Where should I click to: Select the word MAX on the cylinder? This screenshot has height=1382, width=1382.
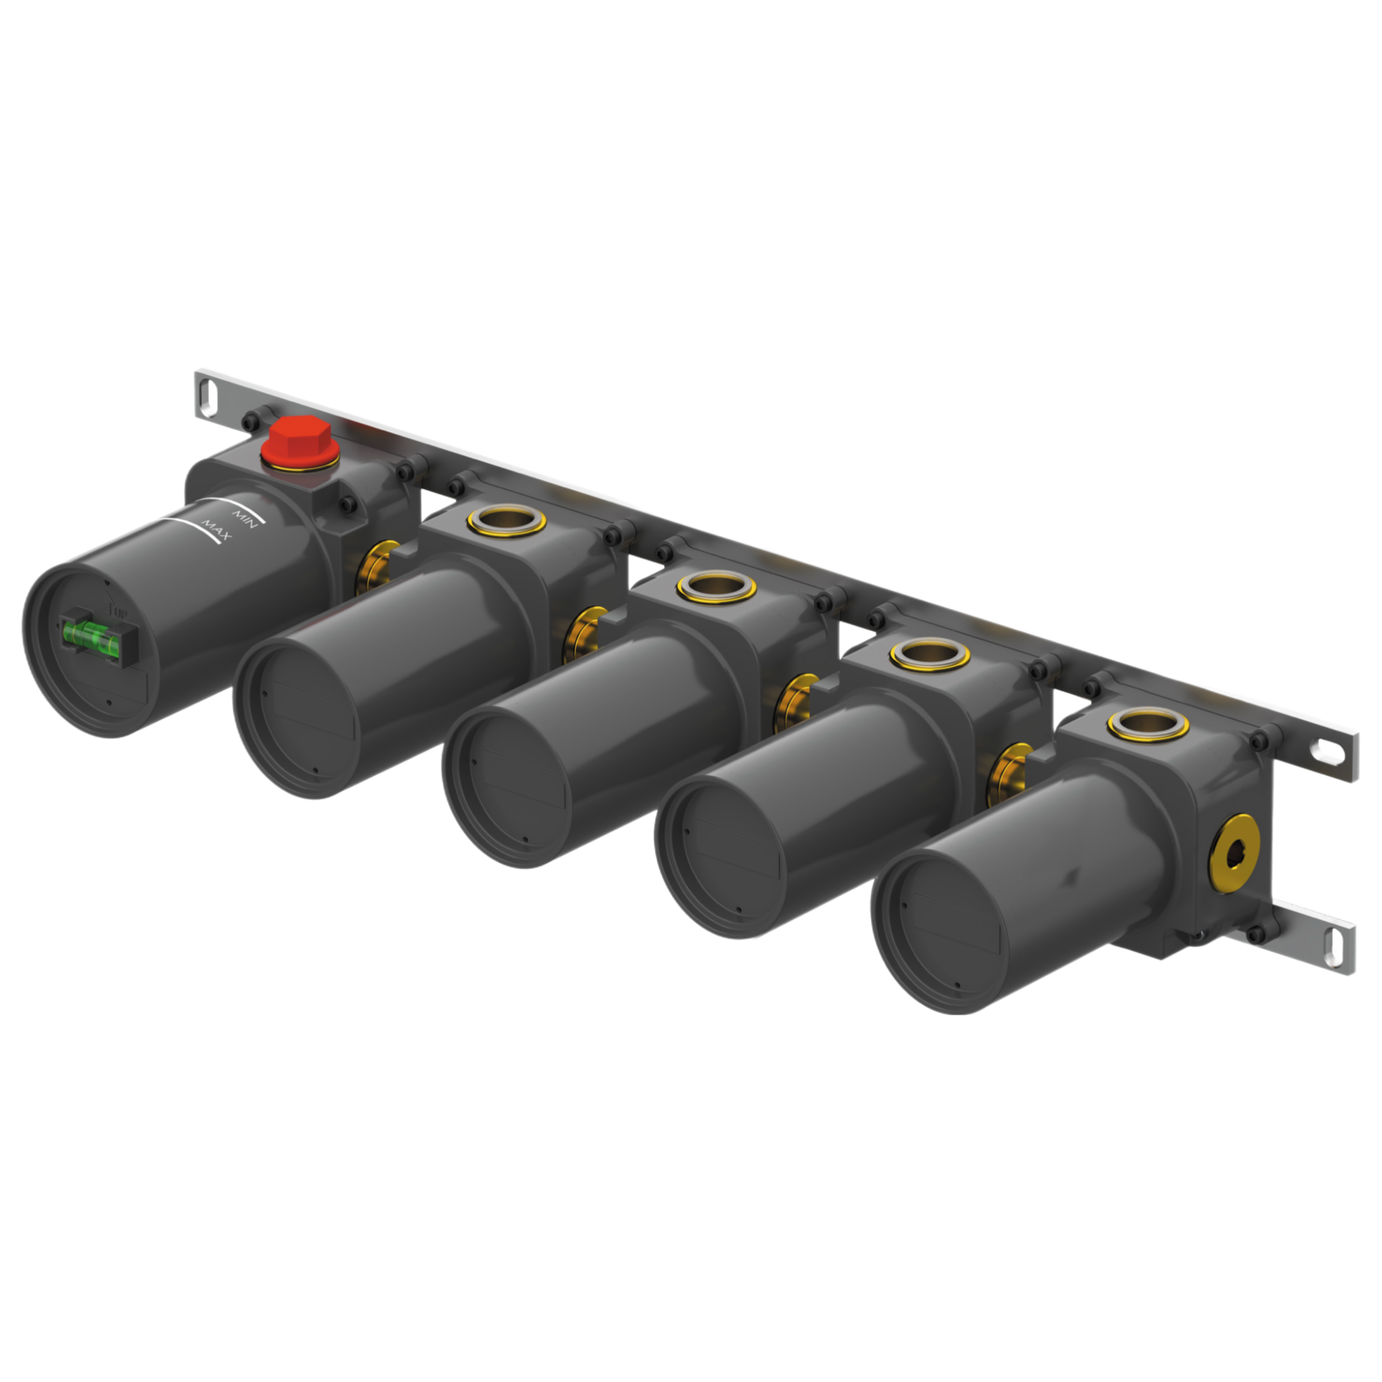tap(214, 531)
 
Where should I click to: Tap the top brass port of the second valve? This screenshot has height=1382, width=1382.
tap(507, 522)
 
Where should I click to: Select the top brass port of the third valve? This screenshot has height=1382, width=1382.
tap(716, 587)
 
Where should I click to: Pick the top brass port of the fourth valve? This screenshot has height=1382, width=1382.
tap(929, 653)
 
